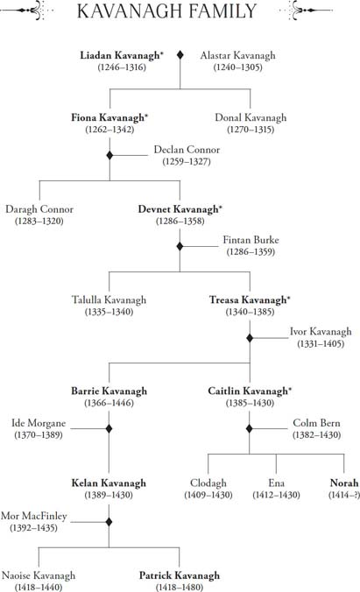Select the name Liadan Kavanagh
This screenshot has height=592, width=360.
coord(120,55)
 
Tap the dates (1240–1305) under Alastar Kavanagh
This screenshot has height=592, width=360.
coord(237,67)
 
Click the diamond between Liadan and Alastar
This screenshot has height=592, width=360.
coord(180,55)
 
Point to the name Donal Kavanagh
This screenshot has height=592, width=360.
coord(251,117)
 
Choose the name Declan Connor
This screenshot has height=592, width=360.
coord(187,150)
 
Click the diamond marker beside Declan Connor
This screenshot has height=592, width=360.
coord(109,155)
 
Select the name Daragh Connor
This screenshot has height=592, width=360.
coord(39,209)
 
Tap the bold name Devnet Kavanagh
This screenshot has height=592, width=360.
coord(178,209)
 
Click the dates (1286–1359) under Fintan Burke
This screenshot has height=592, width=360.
coord(251,252)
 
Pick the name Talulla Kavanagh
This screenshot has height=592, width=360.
coord(109,300)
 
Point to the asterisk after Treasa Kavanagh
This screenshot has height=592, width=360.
coord(288,298)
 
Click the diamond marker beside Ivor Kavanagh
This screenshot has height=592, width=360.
coord(250,338)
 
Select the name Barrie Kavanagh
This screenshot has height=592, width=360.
coord(109,391)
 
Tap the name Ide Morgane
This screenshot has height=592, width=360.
coord(39,423)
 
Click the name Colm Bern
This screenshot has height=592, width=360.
coord(316,423)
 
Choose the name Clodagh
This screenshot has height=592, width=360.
coord(208,483)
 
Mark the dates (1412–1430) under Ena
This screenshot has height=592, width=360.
coord(276,495)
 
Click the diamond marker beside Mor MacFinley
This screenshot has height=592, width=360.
coord(109,522)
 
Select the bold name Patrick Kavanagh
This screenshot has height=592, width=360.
coord(180,575)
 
